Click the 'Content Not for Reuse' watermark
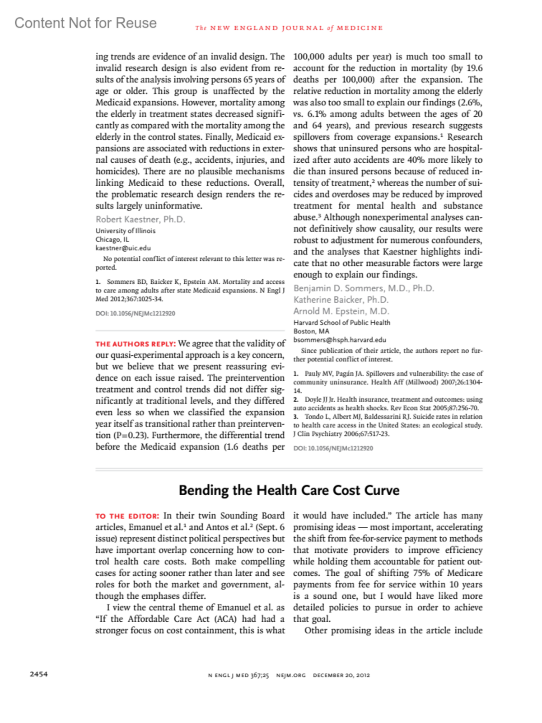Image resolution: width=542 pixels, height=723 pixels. click(x=85, y=23)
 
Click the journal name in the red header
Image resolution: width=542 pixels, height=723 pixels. click(x=289, y=28)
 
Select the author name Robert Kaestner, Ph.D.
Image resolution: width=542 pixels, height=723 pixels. click(x=140, y=219)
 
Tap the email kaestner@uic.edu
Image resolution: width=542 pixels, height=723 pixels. click(x=123, y=248)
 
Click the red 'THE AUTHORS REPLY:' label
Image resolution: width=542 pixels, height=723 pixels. click(x=135, y=344)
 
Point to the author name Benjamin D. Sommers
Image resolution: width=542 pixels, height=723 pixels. click(x=364, y=288)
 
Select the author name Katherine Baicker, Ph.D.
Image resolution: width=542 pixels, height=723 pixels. click(x=341, y=300)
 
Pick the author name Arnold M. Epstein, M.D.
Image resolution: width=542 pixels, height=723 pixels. click(x=341, y=311)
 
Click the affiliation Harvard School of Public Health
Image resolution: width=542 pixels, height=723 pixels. click(x=341, y=323)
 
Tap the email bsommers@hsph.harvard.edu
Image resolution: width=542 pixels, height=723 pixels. click(x=340, y=340)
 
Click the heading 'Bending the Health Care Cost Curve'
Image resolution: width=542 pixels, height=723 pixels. click(x=289, y=490)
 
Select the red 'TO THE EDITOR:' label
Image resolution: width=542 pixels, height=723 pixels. click(x=127, y=516)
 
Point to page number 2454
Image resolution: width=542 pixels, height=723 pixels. click(x=39, y=674)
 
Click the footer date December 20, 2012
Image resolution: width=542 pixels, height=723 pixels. click(x=341, y=675)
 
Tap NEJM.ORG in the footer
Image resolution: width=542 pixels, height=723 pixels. click(x=290, y=675)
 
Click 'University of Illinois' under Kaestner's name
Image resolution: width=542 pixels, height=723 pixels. click(x=125, y=231)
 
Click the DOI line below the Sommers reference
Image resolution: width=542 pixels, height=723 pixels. click(x=135, y=313)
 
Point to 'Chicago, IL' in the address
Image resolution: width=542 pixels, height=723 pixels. click(x=112, y=239)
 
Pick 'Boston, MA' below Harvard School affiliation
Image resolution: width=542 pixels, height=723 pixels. click(x=311, y=331)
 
